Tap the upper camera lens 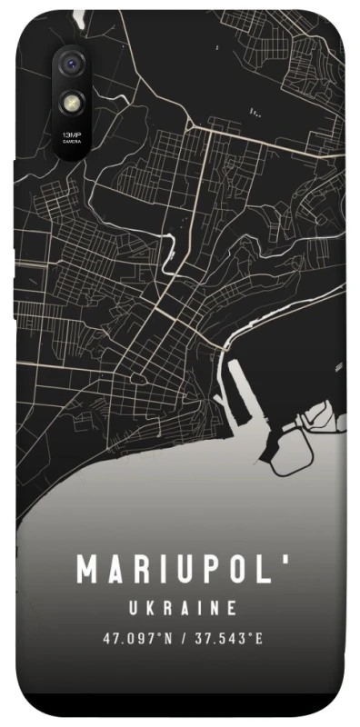pos(70,65)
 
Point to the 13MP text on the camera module pos(70,134)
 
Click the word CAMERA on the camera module pos(70,140)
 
